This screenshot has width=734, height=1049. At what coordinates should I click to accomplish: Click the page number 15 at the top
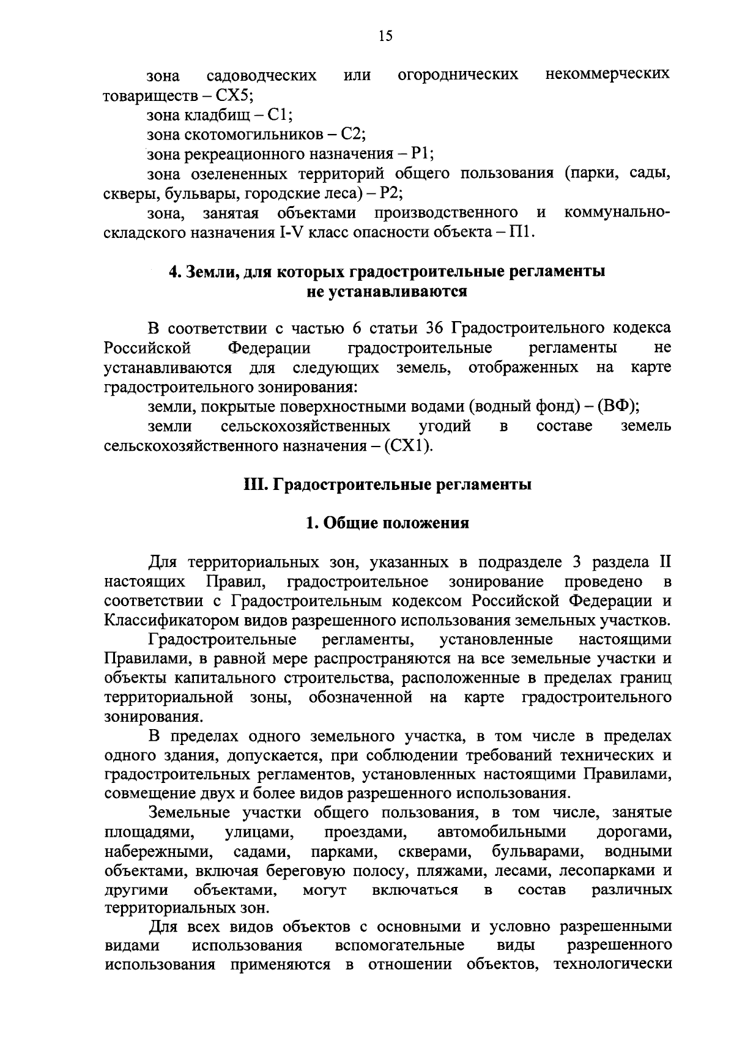point(385,37)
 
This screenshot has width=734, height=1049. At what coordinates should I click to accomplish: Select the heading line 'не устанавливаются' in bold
point(387,291)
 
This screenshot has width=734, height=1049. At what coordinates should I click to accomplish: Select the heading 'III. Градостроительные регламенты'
point(387,485)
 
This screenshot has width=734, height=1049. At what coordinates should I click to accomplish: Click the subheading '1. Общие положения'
point(387,523)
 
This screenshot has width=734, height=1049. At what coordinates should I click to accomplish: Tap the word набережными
point(155,851)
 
